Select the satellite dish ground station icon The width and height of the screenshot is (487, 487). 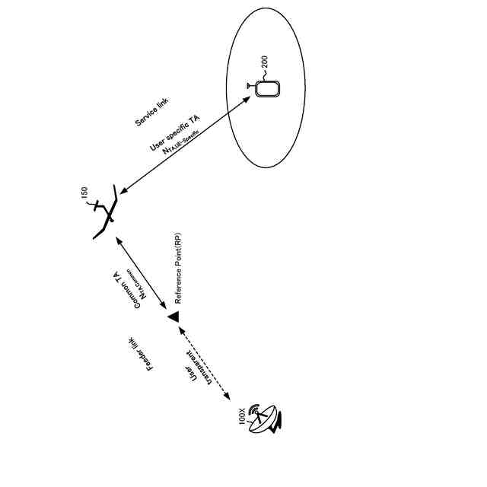pos(268,418)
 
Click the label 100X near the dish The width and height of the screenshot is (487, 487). pos(243,416)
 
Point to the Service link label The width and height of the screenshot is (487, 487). pos(152,112)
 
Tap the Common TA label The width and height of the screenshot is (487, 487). pos(127,290)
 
